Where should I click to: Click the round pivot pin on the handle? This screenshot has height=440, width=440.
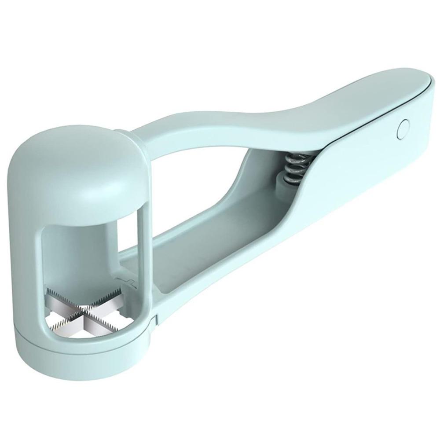click(402, 129)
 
